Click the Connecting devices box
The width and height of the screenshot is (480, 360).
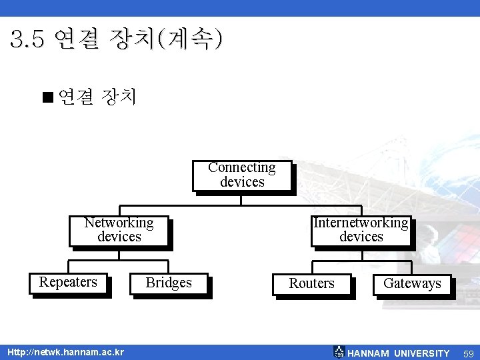tap(242, 175)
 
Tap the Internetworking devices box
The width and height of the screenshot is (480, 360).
tap(361, 231)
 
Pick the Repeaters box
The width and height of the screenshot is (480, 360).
tap(68, 283)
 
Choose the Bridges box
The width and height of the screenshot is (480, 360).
tap(169, 284)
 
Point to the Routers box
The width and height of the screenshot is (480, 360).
tap(311, 284)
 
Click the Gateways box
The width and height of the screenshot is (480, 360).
tap(412, 284)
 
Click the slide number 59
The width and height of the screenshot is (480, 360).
tap(469, 353)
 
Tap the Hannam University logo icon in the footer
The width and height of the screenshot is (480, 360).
tap(339, 352)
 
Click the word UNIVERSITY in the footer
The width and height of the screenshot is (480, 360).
tap(422, 353)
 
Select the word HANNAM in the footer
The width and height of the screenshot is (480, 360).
tap(369, 353)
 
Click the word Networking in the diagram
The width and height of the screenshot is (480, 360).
tap(119, 223)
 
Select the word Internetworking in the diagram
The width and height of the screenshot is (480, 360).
tap(361, 223)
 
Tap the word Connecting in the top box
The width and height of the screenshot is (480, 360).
tap(242, 167)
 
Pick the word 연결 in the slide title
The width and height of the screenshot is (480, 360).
tap(75, 40)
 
